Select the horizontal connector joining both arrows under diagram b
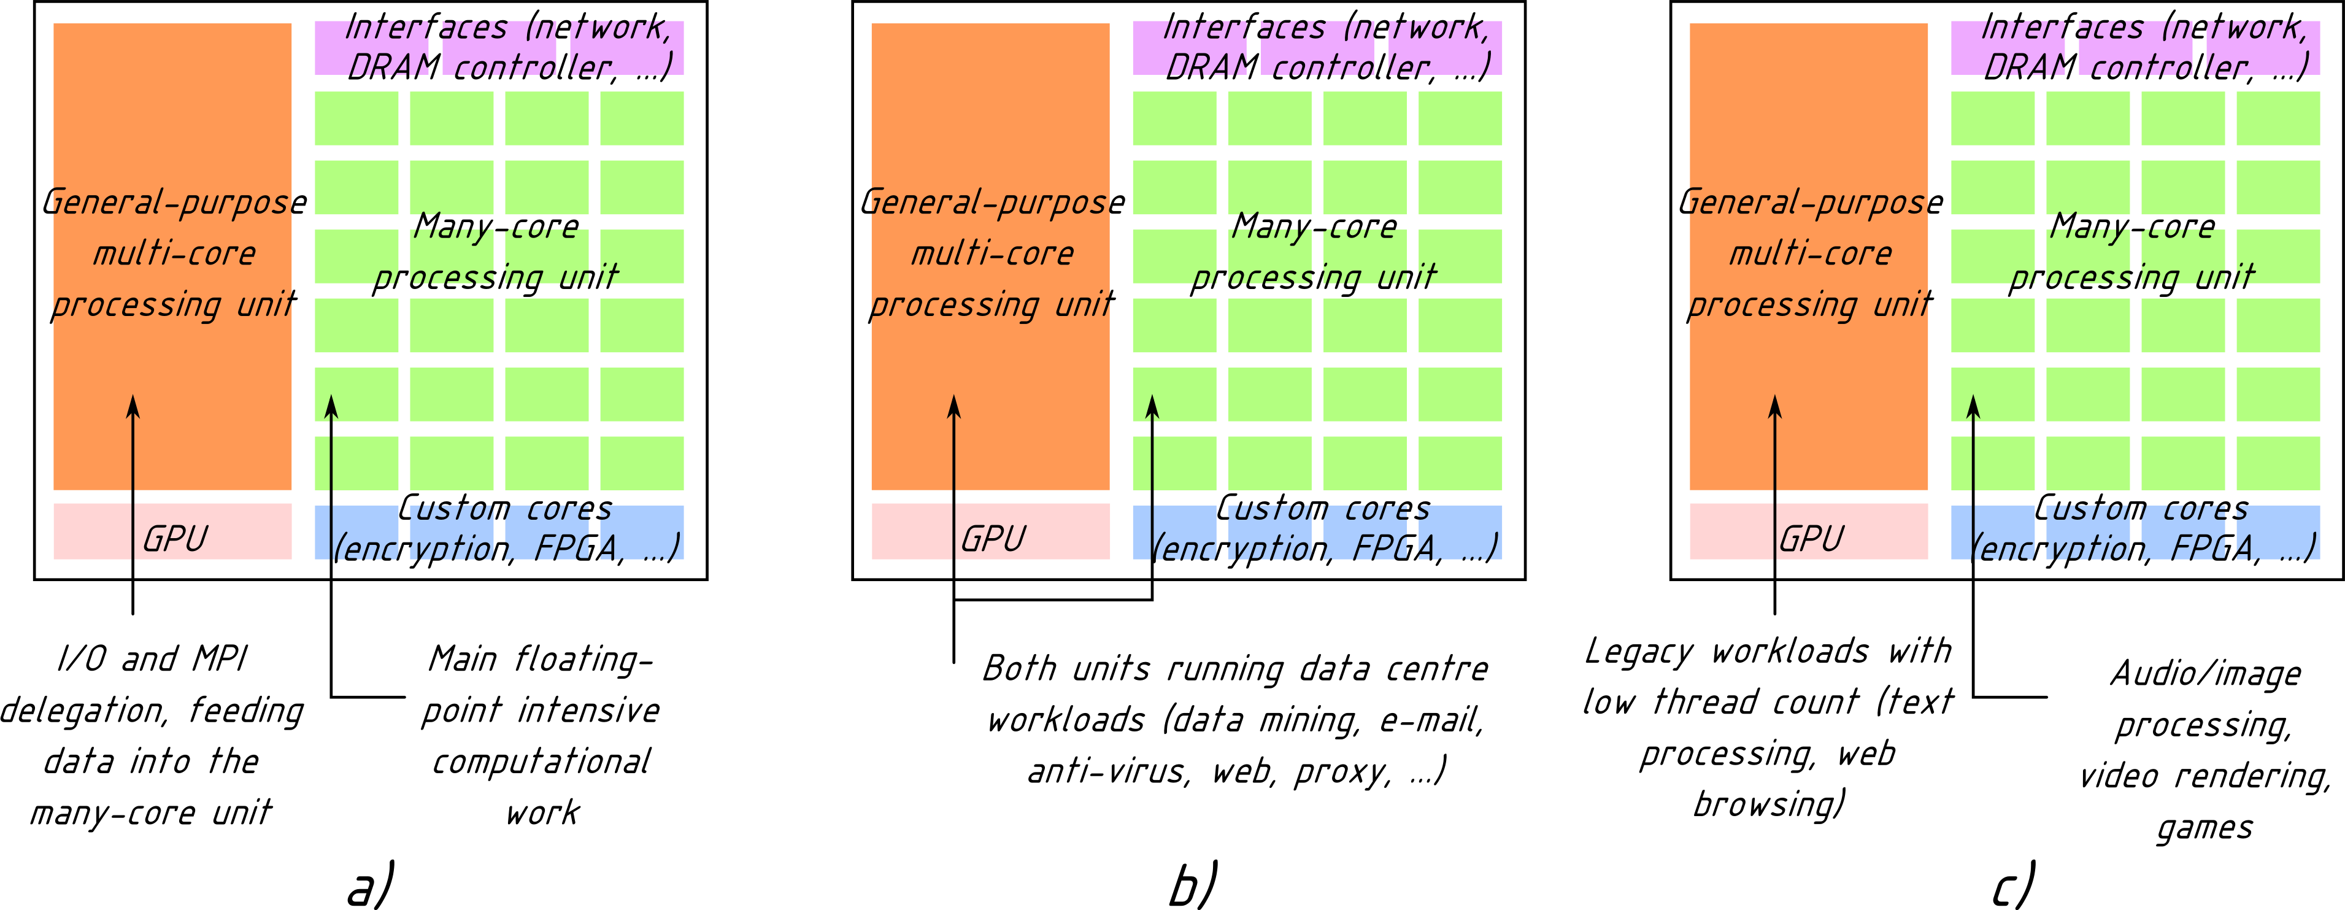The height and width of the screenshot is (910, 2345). (x=1053, y=600)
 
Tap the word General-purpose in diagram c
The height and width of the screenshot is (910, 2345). (x=1811, y=202)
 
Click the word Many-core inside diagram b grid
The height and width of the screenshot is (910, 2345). (x=1314, y=226)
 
